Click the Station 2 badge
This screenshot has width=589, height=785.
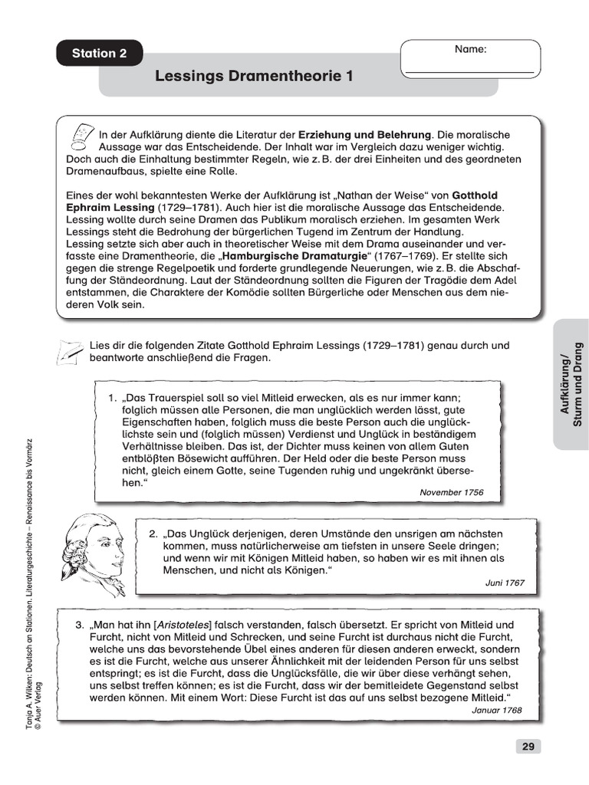pos(99,53)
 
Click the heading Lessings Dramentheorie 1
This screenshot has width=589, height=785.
pos(255,76)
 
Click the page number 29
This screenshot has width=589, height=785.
pos(528,746)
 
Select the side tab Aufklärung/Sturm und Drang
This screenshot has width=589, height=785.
pos(571,383)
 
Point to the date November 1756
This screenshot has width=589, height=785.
pos(452,492)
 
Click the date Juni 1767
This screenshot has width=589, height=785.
pos(505,583)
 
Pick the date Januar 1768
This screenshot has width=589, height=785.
pos(495,710)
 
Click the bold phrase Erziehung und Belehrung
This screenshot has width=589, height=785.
pos(365,133)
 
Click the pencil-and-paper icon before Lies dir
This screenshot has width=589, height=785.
pos(70,352)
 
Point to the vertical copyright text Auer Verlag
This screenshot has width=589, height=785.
pos(39,705)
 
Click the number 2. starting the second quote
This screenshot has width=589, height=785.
pos(153,533)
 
